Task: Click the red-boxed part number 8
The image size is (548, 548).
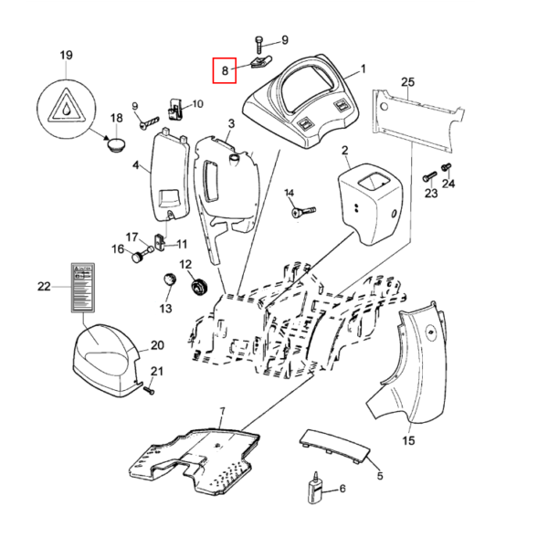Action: (x=225, y=69)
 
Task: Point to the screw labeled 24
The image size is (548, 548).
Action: (x=446, y=168)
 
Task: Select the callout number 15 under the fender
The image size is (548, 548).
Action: (x=408, y=441)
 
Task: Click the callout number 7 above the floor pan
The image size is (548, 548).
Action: (x=222, y=413)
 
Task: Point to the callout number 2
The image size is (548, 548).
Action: (x=345, y=150)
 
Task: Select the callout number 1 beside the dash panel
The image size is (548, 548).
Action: (x=363, y=69)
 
